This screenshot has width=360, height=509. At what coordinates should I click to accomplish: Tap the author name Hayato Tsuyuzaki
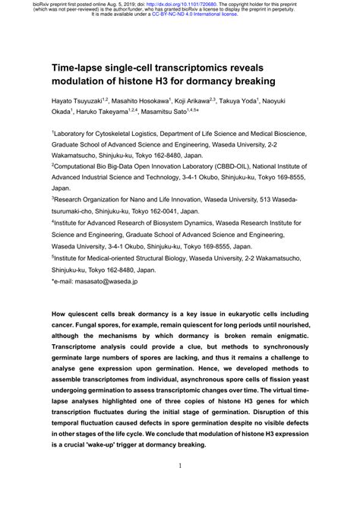79,100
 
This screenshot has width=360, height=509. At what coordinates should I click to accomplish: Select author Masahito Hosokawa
151,100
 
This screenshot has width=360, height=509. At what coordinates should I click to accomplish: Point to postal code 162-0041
172,213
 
